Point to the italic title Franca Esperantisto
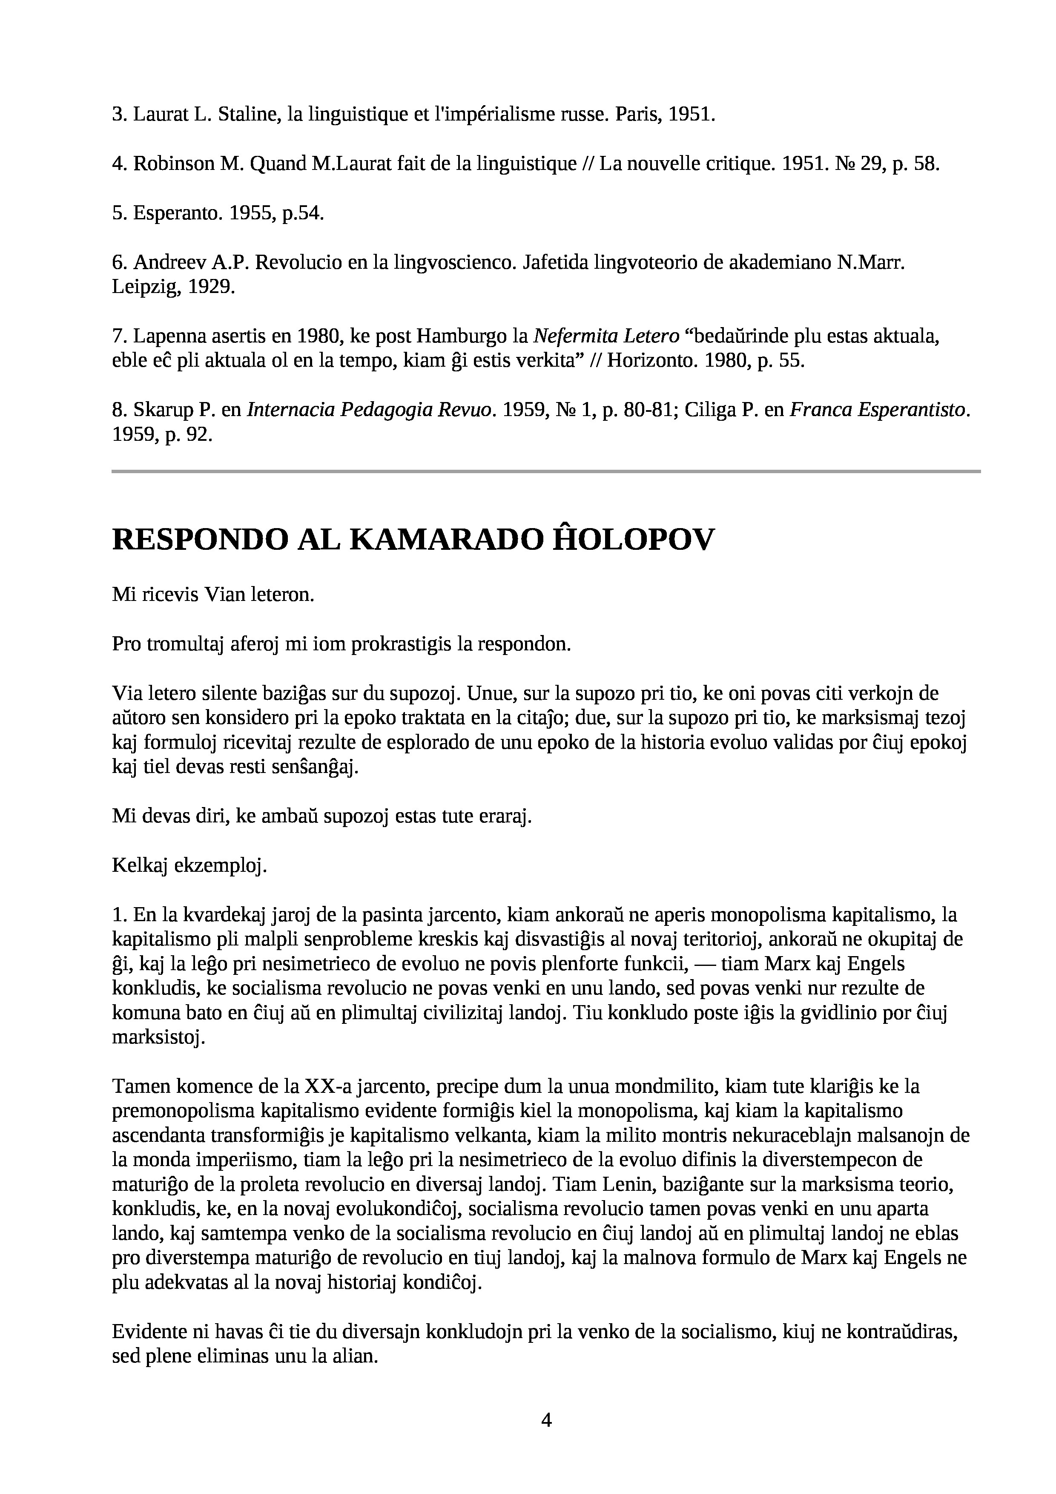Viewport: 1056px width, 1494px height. [x=879, y=409]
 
